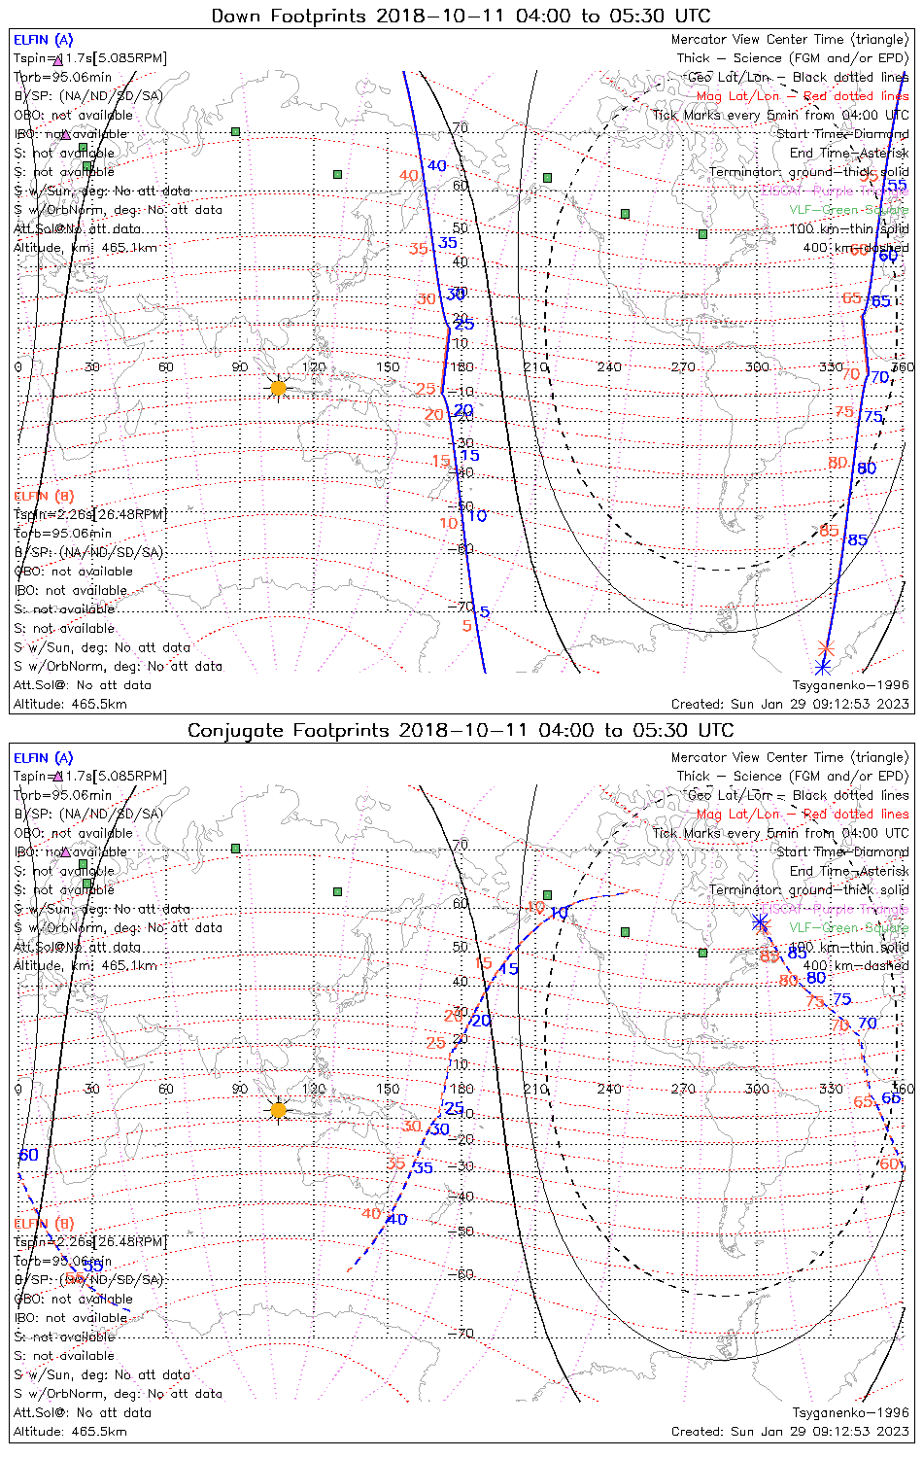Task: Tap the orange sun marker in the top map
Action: [x=279, y=389]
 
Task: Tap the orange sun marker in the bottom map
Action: [x=279, y=1110]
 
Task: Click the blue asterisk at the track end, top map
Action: [x=823, y=667]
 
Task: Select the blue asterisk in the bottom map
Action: [x=760, y=921]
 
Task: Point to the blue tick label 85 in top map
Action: [x=858, y=540]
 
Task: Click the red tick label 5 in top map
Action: [x=467, y=626]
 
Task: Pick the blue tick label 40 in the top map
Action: [x=437, y=166]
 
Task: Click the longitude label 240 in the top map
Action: [x=609, y=367]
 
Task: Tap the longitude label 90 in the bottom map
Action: [x=240, y=1089]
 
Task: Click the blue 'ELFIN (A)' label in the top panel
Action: [x=43, y=40]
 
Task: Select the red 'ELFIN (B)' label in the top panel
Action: [x=43, y=497]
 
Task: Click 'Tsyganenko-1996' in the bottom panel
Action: [x=850, y=1412]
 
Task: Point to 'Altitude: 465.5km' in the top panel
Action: [x=70, y=704]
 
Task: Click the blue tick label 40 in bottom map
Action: [x=396, y=1219]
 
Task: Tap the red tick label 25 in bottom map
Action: [x=435, y=1044]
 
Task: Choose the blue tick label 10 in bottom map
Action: [x=559, y=914]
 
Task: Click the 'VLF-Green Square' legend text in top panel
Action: [x=848, y=210]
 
